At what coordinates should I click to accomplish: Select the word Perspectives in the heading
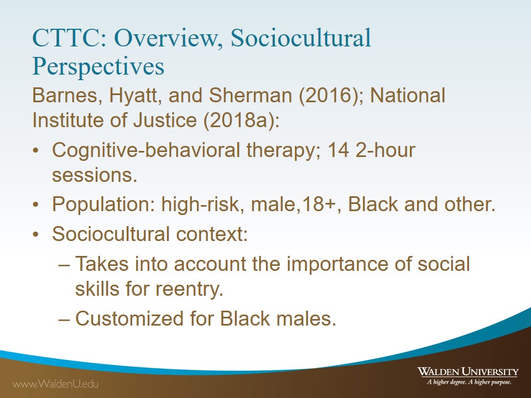coord(98,67)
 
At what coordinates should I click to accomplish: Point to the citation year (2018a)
coord(241,120)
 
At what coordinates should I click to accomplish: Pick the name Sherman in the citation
coord(250,96)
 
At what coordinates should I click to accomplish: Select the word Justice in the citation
coord(165,120)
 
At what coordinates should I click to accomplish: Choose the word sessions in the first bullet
coord(95,176)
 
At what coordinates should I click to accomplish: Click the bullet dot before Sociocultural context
coord(35,234)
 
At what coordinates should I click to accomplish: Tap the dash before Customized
coord(64,319)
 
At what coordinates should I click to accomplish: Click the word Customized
coord(129,319)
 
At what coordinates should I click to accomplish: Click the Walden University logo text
coord(468,376)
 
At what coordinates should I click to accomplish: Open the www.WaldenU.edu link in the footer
coord(55,384)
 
